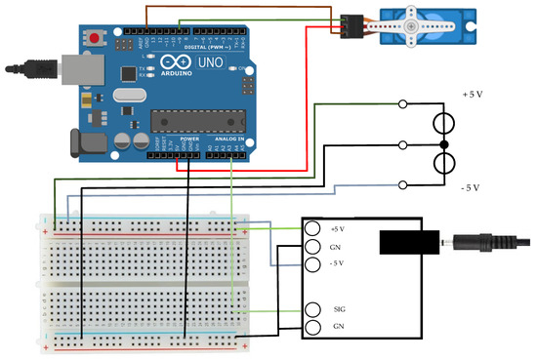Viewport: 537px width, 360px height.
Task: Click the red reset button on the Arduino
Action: coord(95,39)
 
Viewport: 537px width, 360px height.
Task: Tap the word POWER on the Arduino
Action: coord(190,140)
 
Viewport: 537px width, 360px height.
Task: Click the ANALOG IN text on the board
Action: coord(232,140)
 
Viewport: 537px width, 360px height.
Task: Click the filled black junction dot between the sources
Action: coord(444,144)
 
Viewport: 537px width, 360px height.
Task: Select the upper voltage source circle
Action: coord(444,123)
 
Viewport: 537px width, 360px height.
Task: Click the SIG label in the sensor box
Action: coord(339,309)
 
